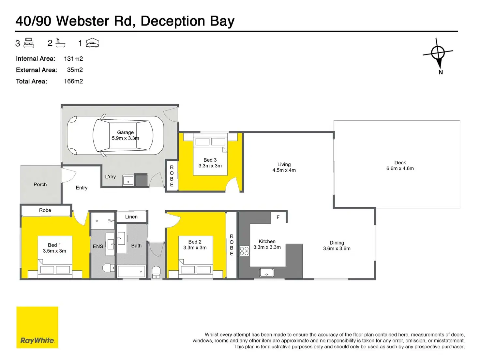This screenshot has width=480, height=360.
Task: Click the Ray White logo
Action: point(37,327)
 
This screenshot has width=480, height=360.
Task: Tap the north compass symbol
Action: point(438,53)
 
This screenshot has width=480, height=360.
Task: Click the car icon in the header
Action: point(92,43)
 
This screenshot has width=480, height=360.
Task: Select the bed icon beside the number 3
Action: point(29,43)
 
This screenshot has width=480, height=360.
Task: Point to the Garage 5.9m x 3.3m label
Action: point(125,135)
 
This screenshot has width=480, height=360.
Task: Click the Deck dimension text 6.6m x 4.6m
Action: point(400,169)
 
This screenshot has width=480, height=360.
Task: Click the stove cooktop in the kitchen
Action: point(244,251)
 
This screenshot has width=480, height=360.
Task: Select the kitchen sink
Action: point(267,273)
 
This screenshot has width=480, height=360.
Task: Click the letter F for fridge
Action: point(278,217)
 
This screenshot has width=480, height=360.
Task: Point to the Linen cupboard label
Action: point(131,217)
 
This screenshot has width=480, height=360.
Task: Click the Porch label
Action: point(40,185)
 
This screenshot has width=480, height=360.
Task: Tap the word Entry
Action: point(82,188)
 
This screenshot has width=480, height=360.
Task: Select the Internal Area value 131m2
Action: point(73,59)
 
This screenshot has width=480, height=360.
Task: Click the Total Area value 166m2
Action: point(73,81)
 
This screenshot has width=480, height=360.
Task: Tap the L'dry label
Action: point(110,177)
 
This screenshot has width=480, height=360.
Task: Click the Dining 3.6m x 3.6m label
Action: point(337,246)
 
